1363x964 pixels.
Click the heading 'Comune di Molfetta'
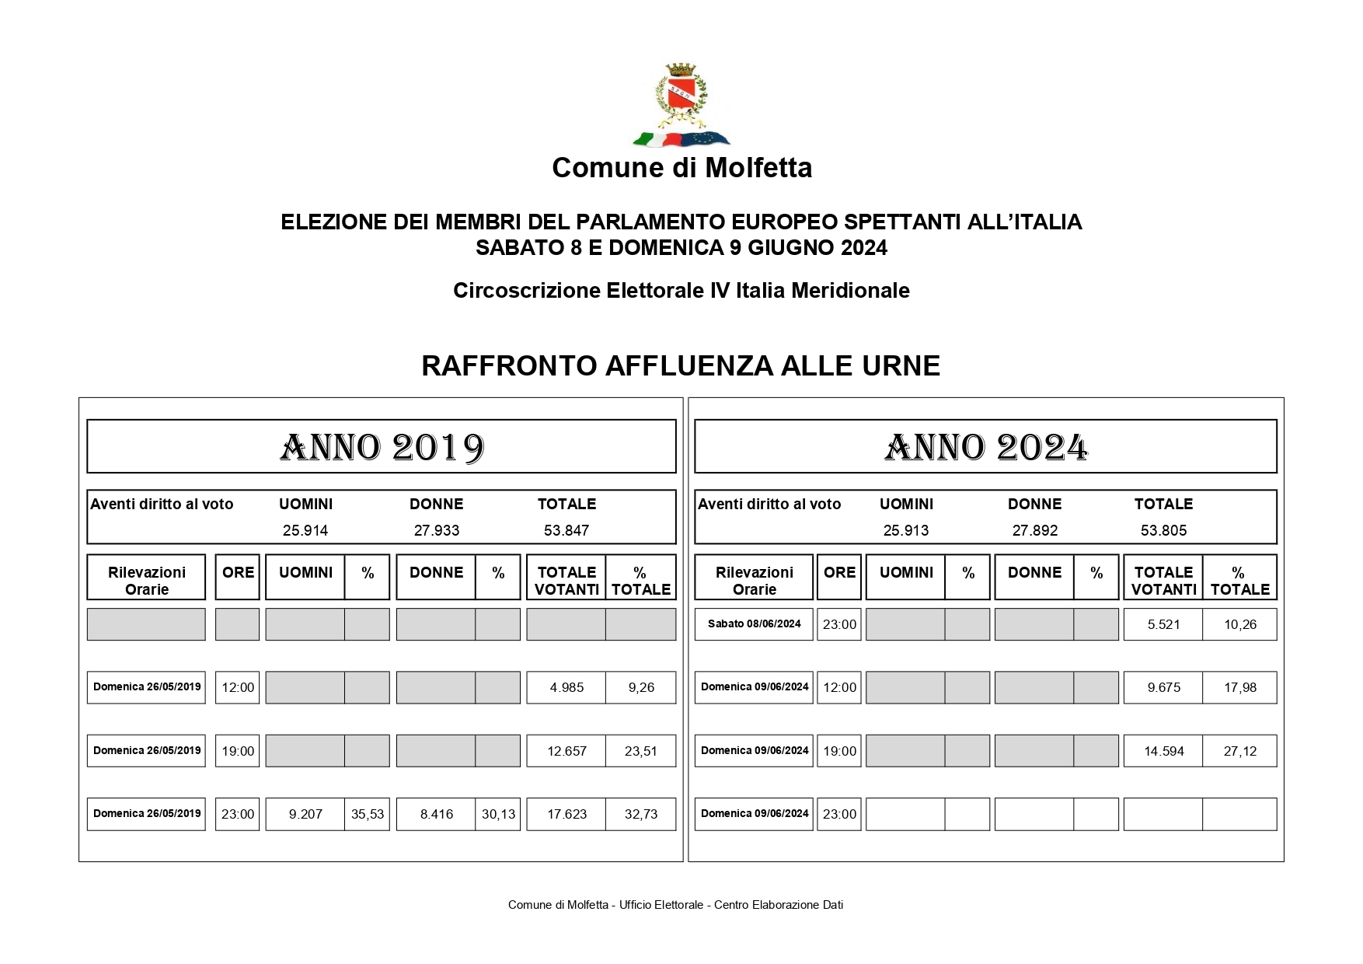[681, 168]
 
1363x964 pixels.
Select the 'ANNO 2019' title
[382, 448]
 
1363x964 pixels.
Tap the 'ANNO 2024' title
[985, 448]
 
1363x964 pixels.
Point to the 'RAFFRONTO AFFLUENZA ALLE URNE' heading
[681, 365]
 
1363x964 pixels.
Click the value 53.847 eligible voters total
[566, 530]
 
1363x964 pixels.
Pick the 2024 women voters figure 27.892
[1034, 530]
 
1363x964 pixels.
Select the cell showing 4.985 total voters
[566, 687]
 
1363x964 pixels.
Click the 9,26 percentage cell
[641, 687]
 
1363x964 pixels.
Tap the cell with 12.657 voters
[566, 751]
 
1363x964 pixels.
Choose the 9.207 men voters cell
[305, 814]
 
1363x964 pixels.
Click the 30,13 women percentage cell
[498, 814]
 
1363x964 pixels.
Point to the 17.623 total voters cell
[566, 814]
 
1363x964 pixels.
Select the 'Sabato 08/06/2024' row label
[754, 623]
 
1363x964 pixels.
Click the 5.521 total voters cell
[1163, 624]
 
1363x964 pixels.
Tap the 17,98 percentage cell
[1239, 687]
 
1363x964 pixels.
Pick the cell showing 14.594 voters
[1163, 751]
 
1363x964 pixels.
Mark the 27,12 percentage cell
[1239, 751]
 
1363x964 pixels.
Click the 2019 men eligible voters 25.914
[305, 530]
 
